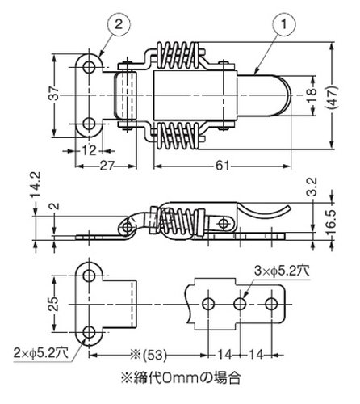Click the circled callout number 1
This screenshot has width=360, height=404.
(284, 24)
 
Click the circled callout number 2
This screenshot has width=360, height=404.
(119, 24)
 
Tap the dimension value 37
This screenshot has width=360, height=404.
(54, 94)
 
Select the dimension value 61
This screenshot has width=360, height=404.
(222, 166)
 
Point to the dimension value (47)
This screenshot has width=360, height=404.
(331, 97)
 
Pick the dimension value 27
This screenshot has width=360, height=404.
(107, 166)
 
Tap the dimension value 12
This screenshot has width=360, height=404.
(89, 150)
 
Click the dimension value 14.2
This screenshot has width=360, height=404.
(36, 184)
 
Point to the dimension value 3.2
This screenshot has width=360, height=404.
(313, 187)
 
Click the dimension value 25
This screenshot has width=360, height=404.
(54, 304)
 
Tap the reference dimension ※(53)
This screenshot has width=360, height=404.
(148, 356)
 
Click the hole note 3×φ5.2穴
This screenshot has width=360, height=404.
(282, 271)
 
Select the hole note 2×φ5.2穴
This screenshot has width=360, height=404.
(41, 353)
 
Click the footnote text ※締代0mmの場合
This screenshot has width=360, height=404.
(181, 378)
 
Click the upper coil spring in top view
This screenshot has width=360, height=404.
(177, 56)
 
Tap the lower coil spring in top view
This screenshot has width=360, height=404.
(177, 136)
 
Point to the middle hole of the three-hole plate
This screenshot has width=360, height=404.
(240, 304)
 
